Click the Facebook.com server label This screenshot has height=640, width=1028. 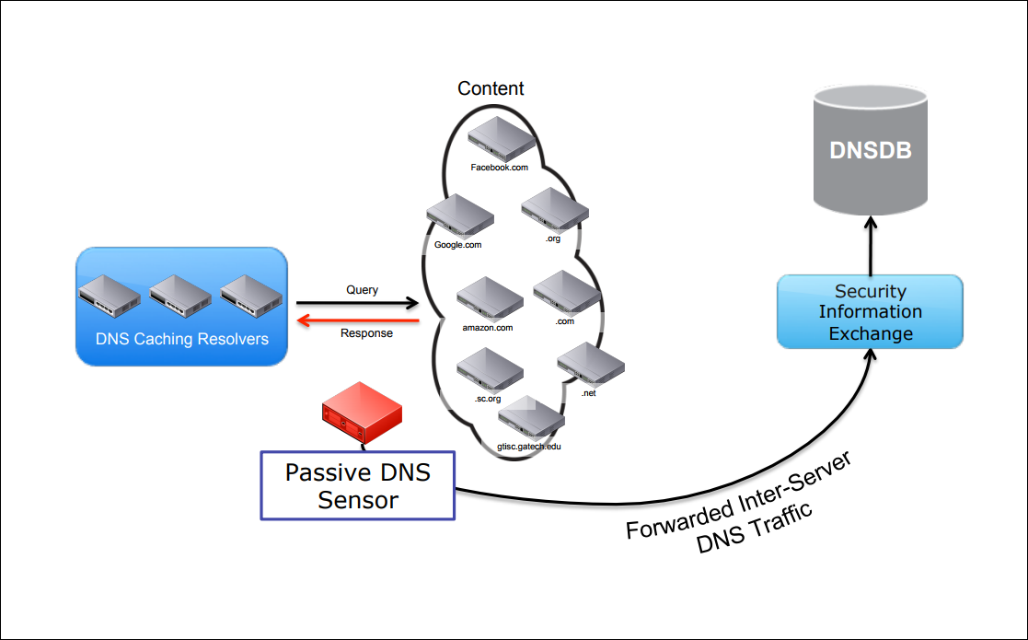click(x=499, y=168)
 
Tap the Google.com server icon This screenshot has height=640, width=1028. click(x=459, y=217)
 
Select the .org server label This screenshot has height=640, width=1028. click(x=552, y=239)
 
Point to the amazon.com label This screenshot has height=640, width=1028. click(x=487, y=327)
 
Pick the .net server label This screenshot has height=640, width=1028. click(x=589, y=393)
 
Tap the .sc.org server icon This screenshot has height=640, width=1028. click(x=490, y=371)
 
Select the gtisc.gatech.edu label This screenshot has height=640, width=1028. click(x=528, y=446)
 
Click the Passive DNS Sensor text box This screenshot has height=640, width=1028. click(x=357, y=485)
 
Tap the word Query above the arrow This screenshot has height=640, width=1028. click(x=362, y=289)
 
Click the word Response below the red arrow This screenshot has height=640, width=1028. click(x=366, y=333)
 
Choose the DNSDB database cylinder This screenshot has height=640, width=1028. click(x=871, y=152)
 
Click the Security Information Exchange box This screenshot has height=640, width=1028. click(x=870, y=312)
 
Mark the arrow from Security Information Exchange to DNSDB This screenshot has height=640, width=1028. click(x=871, y=245)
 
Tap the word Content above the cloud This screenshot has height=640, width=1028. click(x=491, y=88)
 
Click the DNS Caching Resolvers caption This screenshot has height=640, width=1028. click(x=182, y=339)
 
